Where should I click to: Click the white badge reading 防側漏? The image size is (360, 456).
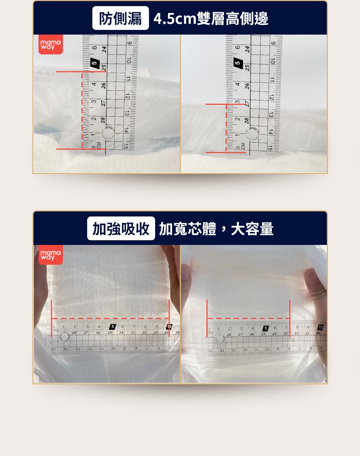[x=120, y=18]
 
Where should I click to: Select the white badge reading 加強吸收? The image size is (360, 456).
[x=121, y=228]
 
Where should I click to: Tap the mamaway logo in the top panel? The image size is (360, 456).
[x=51, y=45]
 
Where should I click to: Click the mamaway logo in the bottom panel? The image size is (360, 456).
[x=51, y=255]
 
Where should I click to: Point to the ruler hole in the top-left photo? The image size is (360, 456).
[x=108, y=133]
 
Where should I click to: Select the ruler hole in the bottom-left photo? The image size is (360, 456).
[x=65, y=337]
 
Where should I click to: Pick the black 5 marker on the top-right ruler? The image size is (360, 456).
[x=238, y=63]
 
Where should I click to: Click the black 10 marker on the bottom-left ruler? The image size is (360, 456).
[x=169, y=327]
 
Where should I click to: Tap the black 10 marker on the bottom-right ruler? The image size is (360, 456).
[x=320, y=327]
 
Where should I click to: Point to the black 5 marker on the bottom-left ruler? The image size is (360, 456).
[x=113, y=327]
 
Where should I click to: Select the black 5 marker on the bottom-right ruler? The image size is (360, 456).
[x=266, y=328]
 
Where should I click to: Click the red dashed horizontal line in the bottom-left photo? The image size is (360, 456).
[x=110, y=318]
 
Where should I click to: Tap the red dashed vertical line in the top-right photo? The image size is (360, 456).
[x=226, y=128]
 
